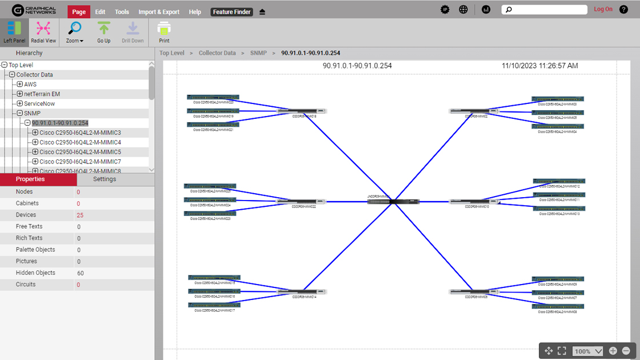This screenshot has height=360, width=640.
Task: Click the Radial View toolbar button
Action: [43, 32]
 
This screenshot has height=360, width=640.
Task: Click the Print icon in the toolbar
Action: [164, 32]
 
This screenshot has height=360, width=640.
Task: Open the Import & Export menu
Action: [159, 11]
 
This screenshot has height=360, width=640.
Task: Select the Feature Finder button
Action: [231, 11]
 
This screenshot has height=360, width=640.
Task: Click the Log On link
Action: [603, 9]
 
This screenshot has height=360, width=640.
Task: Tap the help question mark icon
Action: [623, 9]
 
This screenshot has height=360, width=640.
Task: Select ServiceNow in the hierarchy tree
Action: [40, 103]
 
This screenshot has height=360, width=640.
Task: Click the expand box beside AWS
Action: [20, 84]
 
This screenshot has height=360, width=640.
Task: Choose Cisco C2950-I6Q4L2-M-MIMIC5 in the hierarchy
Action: [80, 152]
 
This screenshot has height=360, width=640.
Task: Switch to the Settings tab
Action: [105, 179]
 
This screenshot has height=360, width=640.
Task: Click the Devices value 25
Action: [80, 215]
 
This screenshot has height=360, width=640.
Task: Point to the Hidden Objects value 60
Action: [81, 273]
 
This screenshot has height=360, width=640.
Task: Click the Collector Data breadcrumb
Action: [217, 53]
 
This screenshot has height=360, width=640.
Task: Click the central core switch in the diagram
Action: [393, 202]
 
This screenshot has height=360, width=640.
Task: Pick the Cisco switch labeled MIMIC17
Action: [214, 305]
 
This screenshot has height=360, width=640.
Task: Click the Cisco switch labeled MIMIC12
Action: [558, 181]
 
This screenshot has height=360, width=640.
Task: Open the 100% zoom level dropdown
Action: [588, 351]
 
